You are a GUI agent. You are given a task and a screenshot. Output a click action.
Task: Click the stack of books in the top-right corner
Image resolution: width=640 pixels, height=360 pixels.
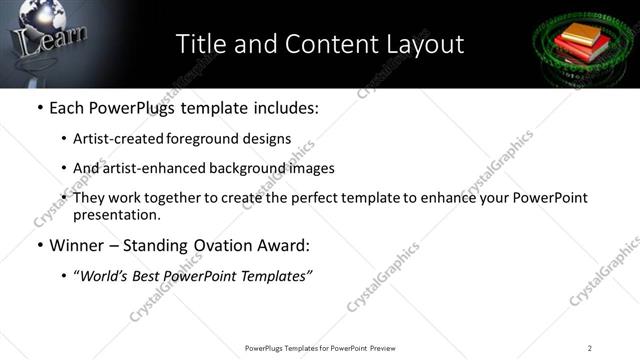click(x=579, y=42)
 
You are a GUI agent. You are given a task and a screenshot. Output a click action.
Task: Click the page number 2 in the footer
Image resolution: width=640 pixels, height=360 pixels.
click(x=590, y=348)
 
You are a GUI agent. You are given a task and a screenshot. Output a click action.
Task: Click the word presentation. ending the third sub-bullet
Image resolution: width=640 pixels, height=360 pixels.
click(x=116, y=214)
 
